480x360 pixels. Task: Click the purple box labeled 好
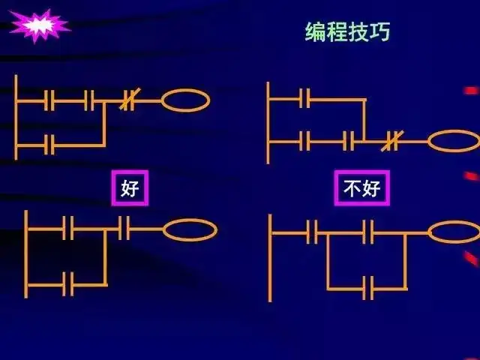click(130, 187)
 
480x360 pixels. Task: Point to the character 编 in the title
click(315, 31)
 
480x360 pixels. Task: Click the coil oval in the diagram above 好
click(185, 100)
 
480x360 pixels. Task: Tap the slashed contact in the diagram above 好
click(130, 100)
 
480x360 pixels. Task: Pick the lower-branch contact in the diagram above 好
click(49, 144)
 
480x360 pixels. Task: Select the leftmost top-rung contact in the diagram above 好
click(49, 100)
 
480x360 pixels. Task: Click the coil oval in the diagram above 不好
click(453, 141)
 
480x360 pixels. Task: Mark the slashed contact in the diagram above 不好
click(390, 141)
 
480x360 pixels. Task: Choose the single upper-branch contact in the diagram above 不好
click(304, 98)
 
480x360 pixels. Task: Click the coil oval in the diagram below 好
click(190, 230)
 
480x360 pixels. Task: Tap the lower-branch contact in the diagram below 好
click(67, 284)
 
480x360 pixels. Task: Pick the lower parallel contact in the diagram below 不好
click(368, 287)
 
